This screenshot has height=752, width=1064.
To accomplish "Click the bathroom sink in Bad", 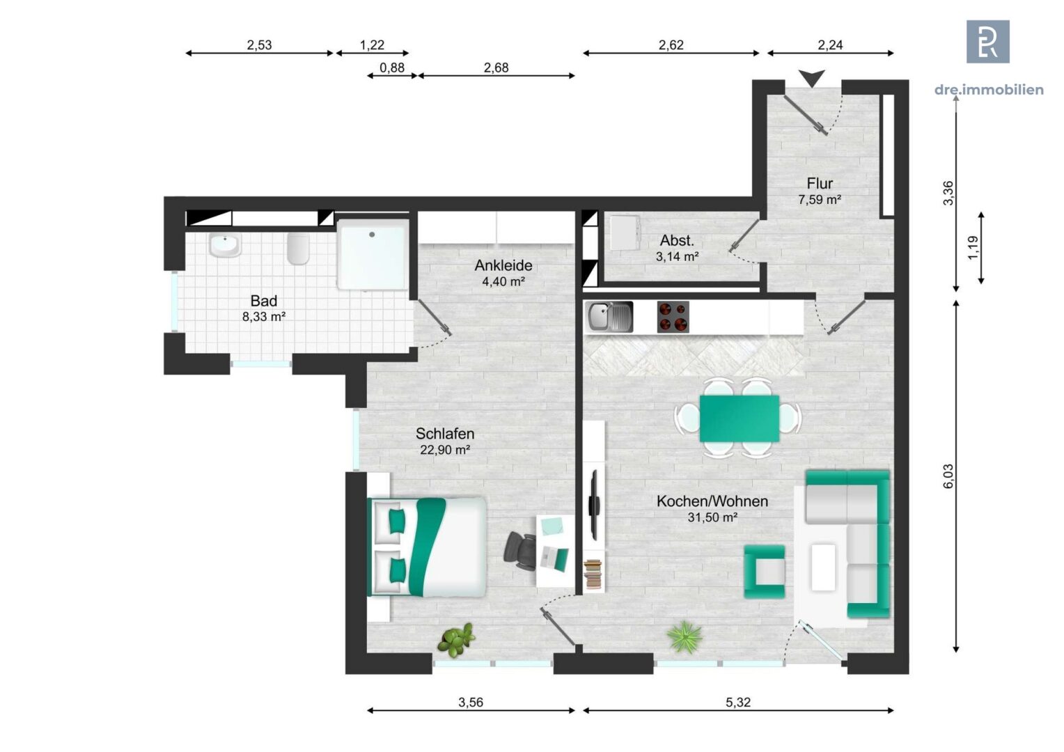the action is click(225, 246).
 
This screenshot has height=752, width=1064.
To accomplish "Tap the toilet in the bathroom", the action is click(298, 249).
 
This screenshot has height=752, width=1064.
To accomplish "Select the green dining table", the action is click(739, 418).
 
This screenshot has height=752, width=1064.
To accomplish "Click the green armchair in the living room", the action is click(765, 572).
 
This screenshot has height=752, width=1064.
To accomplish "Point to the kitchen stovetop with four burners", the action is click(673, 317).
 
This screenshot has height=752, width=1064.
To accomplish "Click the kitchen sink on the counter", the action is click(609, 317).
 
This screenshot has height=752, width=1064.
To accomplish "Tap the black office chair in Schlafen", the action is click(520, 551).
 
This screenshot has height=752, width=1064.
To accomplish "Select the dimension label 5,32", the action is click(738, 702).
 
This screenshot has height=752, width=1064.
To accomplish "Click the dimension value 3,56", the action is click(471, 702).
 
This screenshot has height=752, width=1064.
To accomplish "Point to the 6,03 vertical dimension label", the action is click(948, 476).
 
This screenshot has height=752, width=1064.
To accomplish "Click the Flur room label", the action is click(820, 183).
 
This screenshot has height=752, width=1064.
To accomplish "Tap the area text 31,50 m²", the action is click(712, 517).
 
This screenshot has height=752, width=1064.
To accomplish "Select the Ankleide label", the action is click(503, 265).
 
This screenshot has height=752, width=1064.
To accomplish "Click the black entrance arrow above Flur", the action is click(812, 78).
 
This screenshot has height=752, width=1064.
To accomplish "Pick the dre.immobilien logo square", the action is click(988, 41).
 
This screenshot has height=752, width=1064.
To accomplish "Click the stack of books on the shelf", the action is click(593, 574).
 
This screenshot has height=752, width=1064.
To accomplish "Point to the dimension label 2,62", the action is click(671, 45).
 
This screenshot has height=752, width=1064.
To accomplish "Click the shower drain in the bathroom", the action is click(372, 235).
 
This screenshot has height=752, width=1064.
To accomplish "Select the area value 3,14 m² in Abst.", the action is click(678, 256).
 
